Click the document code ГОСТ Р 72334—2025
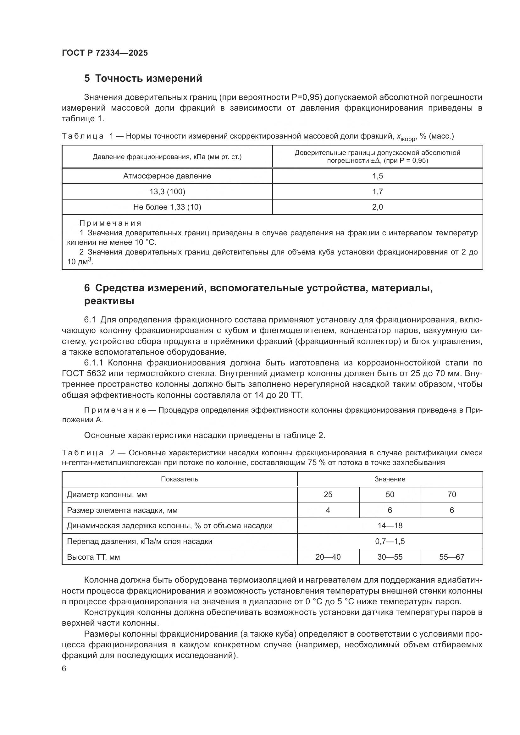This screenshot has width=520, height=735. [105, 53]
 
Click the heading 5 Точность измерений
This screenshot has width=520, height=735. [143, 79]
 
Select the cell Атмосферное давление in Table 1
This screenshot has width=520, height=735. [167, 176]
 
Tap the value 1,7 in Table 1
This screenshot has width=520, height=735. [378, 191]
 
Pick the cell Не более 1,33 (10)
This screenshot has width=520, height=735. [167, 207]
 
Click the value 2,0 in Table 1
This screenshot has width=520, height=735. [378, 207]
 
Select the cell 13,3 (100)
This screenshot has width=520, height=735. [167, 191]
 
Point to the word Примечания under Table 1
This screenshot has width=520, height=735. [110, 223]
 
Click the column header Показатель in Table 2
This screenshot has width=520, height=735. [179, 479]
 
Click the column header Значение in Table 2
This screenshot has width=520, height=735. [390, 479]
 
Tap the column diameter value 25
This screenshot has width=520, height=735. [328, 495]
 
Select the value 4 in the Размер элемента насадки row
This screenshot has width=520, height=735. [328, 510]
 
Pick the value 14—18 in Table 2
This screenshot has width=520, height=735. [390, 526]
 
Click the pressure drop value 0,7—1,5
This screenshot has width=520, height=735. [390, 541]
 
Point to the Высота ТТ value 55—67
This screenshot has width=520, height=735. [451, 557]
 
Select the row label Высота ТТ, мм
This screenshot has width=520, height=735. [93, 557]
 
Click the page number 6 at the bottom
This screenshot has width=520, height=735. [64, 669]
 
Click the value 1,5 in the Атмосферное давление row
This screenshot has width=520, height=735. [378, 176]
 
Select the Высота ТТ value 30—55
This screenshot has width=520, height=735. [390, 557]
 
